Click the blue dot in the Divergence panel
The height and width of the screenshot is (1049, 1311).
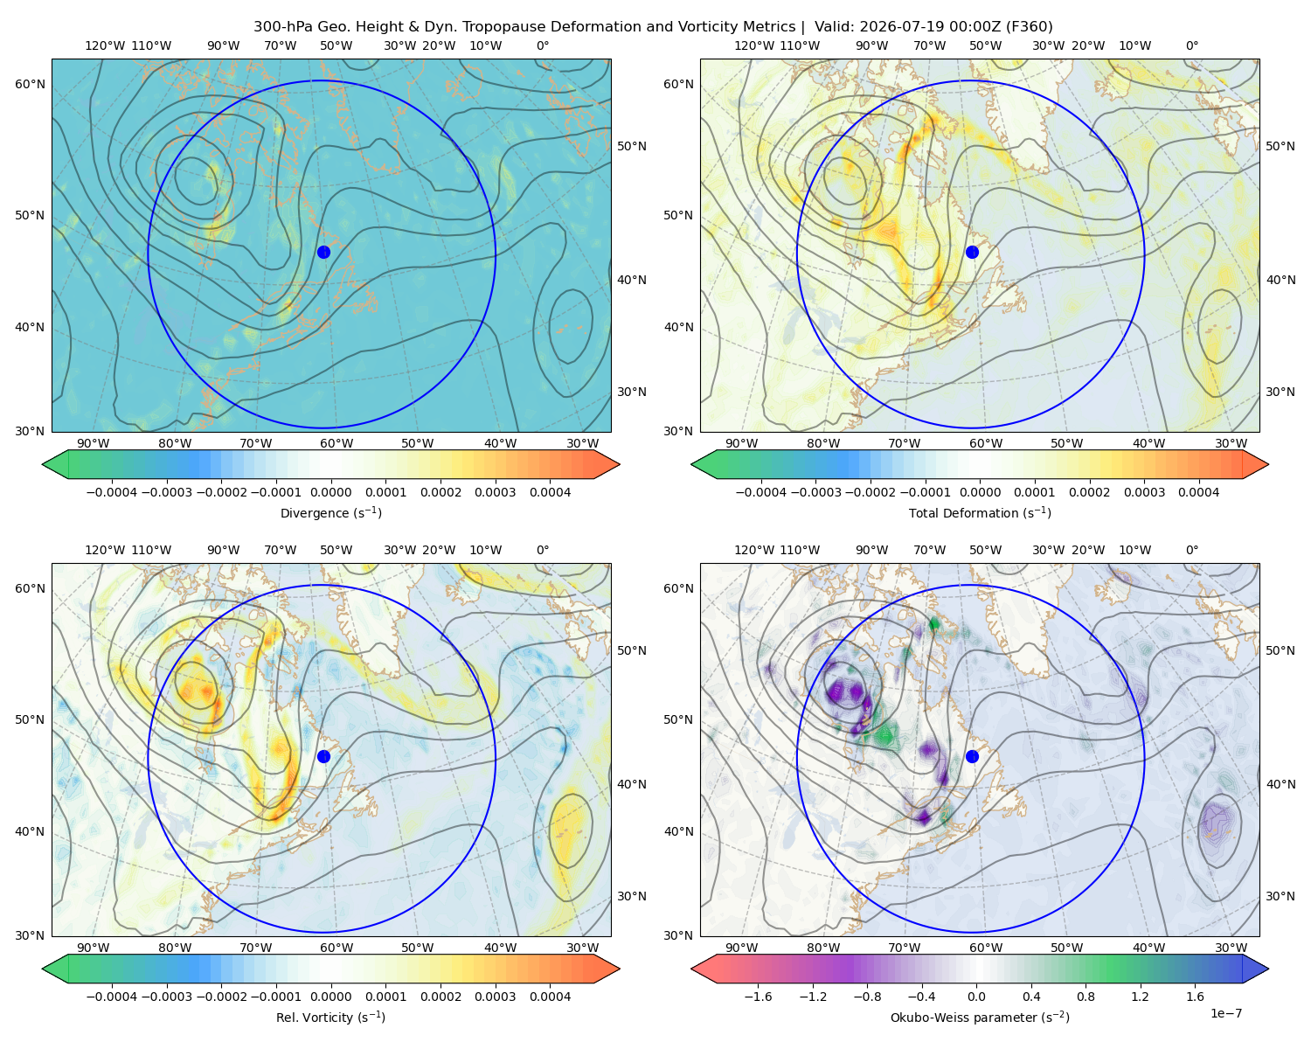[323, 252]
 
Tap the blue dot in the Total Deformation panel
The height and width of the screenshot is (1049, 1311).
[972, 252]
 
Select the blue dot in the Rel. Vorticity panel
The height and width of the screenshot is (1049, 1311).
[323, 756]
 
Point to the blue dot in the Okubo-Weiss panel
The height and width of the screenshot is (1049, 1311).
[972, 756]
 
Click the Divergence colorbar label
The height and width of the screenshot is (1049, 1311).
[330, 512]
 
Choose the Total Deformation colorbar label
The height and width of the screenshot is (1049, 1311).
[980, 512]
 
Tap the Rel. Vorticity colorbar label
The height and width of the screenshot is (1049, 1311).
[330, 1017]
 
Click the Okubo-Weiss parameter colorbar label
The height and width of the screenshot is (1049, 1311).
[980, 1017]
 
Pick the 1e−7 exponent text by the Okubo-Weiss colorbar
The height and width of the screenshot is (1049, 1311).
[1225, 1013]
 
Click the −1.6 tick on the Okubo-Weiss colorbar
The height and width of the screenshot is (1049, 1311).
[758, 996]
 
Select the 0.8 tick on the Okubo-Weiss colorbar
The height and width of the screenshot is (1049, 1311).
[1086, 996]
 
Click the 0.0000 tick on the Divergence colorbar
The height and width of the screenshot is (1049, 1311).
[330, 492]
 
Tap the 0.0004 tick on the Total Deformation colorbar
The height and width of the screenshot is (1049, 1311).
[1199, 492]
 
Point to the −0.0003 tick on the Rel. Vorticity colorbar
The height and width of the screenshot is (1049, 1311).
[166, 996]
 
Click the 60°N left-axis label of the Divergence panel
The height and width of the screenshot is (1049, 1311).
[30, 84]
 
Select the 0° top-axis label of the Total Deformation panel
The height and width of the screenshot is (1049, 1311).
[1192, 45]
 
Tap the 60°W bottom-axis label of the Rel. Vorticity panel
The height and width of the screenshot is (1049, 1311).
[336, 948]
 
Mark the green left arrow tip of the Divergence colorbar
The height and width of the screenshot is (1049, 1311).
[43, 464]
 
